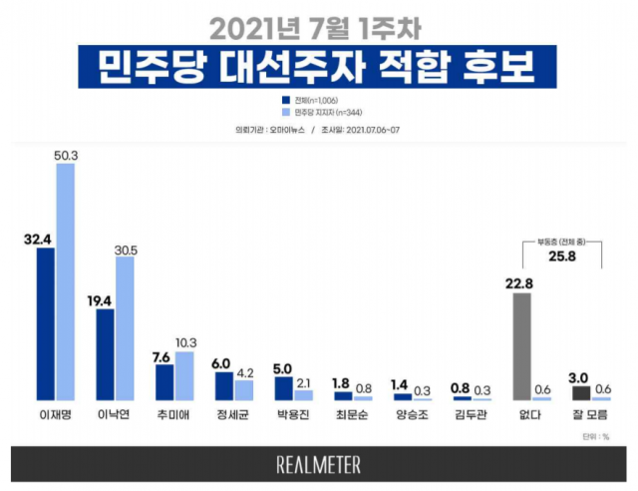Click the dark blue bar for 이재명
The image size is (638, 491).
pos(45,324)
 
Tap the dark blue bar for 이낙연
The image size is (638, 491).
pos(105,355)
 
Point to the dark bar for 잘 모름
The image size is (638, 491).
pos(581,392)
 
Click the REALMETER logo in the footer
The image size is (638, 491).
pos(319,465)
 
